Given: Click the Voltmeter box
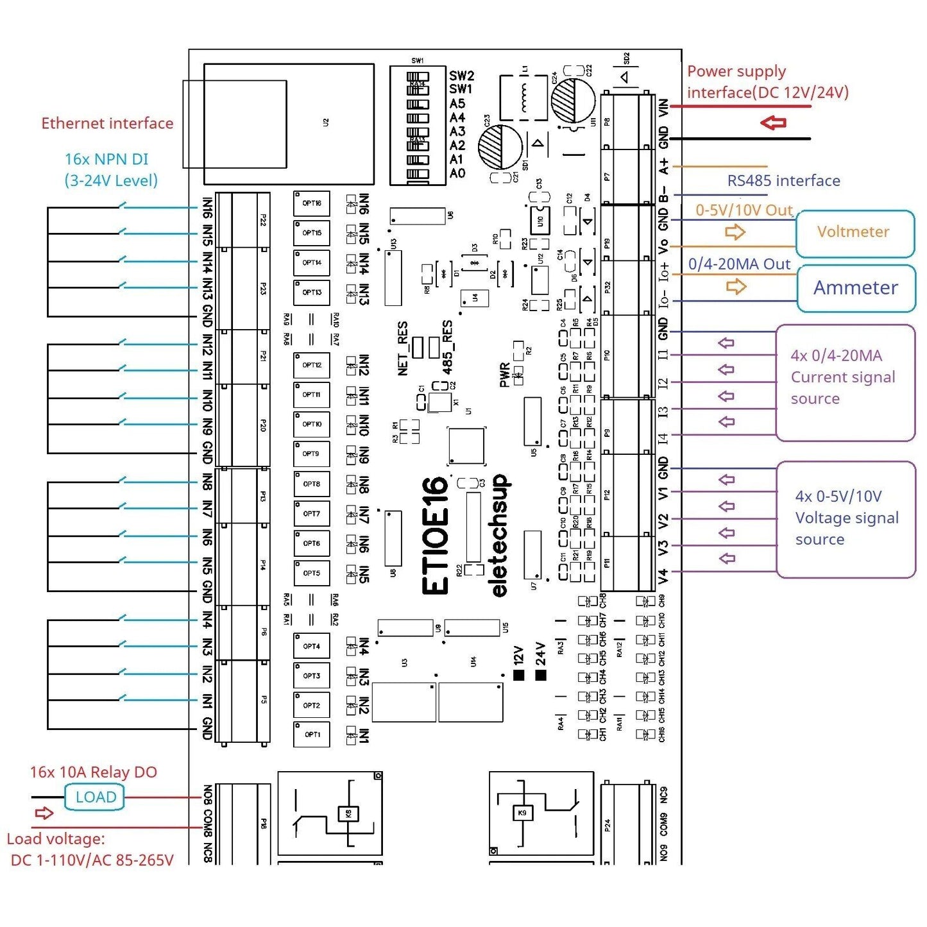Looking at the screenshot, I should pos(854,232).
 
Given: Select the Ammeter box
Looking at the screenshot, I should pos(855,288).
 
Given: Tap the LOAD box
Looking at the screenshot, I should pos(95,797).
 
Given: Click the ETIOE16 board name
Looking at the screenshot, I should pos(436,536).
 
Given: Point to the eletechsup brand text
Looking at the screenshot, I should pos(500,536).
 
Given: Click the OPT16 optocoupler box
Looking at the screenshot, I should pos(312,204).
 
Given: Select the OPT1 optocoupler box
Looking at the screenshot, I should pos(312,735).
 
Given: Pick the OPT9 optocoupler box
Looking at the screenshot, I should pos(311,454).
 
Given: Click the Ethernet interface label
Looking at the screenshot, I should pos(107,123).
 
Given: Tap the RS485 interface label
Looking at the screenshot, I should pos(783,181).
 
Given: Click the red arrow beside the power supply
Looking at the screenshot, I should pos(773,123).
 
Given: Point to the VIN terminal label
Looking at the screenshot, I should pos(664,107).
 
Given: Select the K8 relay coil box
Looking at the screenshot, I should pos(348,813).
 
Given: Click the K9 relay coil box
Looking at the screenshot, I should pos(522,813).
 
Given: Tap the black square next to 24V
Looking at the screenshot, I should pos(541,675).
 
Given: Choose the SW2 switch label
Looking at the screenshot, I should pos(461,76).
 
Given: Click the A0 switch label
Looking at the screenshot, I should pos(457,173).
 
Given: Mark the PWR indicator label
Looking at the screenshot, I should pos(504,375).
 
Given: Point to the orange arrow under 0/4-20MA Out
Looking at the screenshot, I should pos(736,286).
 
